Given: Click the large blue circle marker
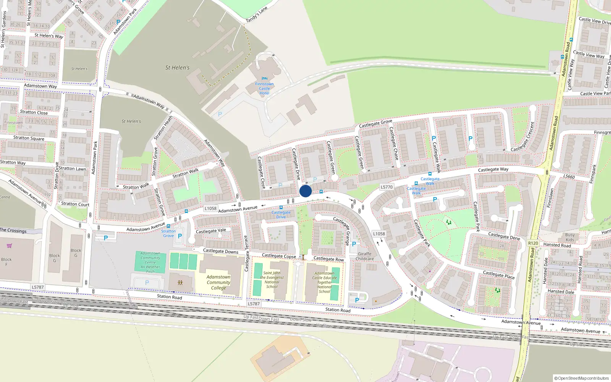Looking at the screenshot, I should (x=305, y=191).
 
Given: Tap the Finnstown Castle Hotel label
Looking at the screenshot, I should (x=264, y=89).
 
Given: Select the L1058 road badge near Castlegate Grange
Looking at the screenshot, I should (x=379, y=234).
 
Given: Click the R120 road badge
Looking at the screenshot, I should (x=533, y=243).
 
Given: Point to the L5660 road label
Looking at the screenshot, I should (x=569, y=176).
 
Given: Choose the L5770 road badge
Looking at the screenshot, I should (x=386, y=187).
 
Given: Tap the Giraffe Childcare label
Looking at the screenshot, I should (x=365, y=256).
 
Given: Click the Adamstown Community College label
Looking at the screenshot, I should (x=218, y=282).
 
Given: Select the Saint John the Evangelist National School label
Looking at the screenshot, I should (x=272, y=280).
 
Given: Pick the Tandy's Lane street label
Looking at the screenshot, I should (x=257, y=15).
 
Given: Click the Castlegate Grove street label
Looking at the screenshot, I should (x=375, y=123).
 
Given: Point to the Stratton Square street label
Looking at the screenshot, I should (x=29, y=138).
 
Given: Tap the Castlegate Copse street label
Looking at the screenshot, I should (x=279, y=256).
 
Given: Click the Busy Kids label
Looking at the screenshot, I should (x=570, y=237).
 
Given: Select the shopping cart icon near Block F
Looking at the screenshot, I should (x=9, y=246).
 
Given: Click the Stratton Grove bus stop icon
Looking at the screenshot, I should (x=168, y=226).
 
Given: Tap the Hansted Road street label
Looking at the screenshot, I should (x=557, y=245).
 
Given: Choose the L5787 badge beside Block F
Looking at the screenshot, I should (x=38, y=287).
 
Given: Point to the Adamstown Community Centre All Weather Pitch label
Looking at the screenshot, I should (x=150, y=262).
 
